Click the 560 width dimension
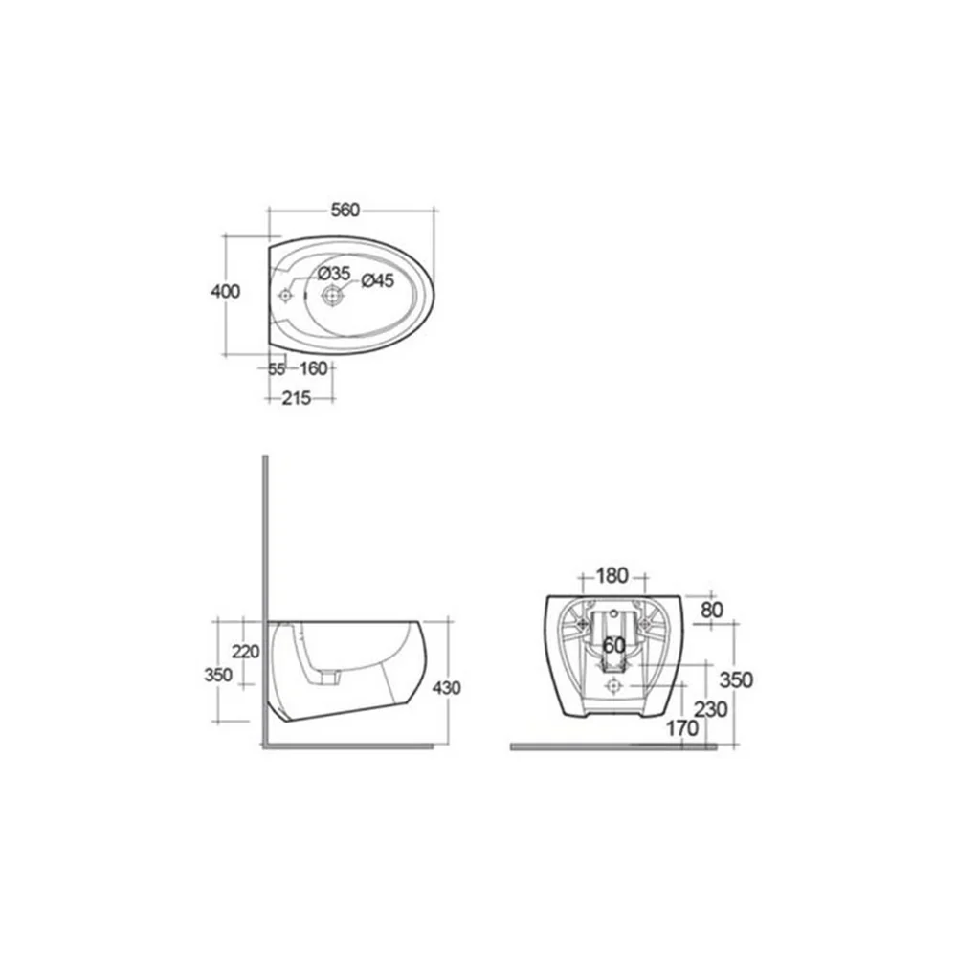(x=345, y=210)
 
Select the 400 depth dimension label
(x=225, y=292)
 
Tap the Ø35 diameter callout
(x=334, y=273)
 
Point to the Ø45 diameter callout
(x=378, y=280)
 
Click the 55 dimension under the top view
(x=278, y=369)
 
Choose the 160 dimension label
(x=314, y=368)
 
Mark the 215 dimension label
(x=297, y=398)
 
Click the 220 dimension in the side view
(x=245, y=652)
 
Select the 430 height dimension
(x=446, y=688)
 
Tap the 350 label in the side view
(x=218, y=675)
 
